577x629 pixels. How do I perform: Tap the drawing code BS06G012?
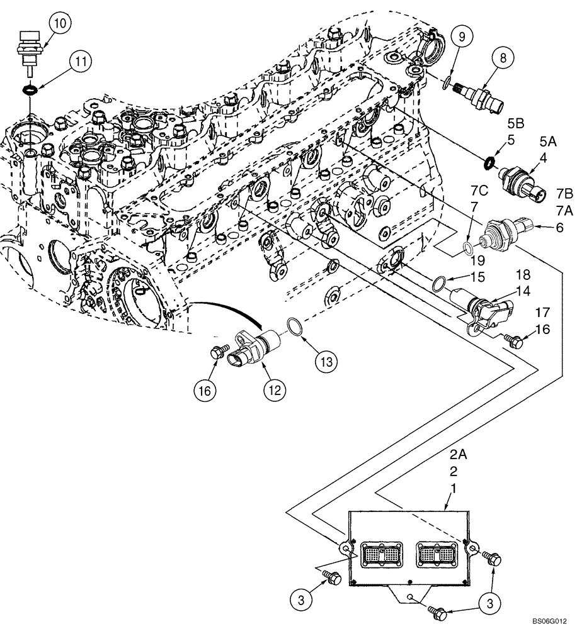551,620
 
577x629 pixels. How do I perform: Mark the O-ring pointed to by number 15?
440,284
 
